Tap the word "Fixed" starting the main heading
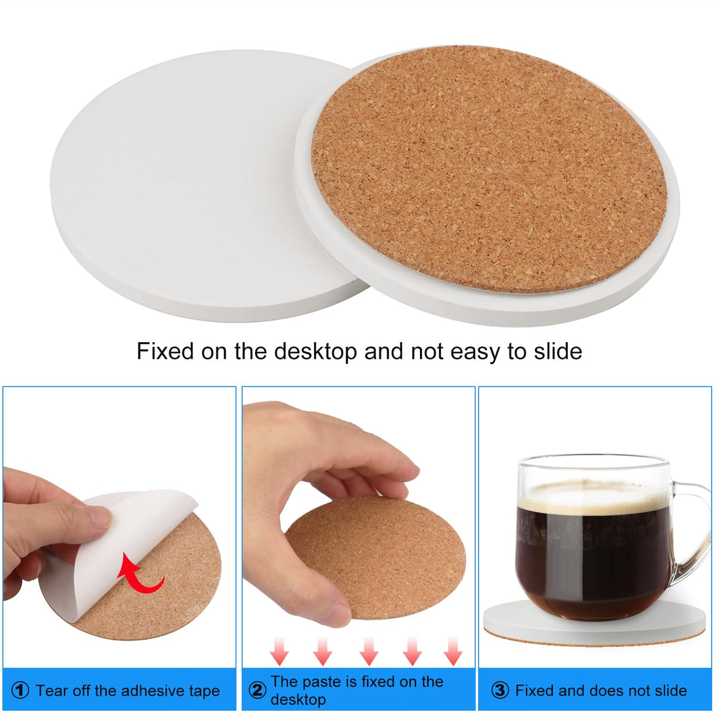pos(165,352)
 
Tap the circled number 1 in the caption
pos(20,690)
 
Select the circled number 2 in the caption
pos(257,690)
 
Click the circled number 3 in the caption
pos(499,690)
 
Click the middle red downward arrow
pos(369,651)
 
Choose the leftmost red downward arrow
pos(279,651)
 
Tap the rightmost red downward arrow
pos(452,651)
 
